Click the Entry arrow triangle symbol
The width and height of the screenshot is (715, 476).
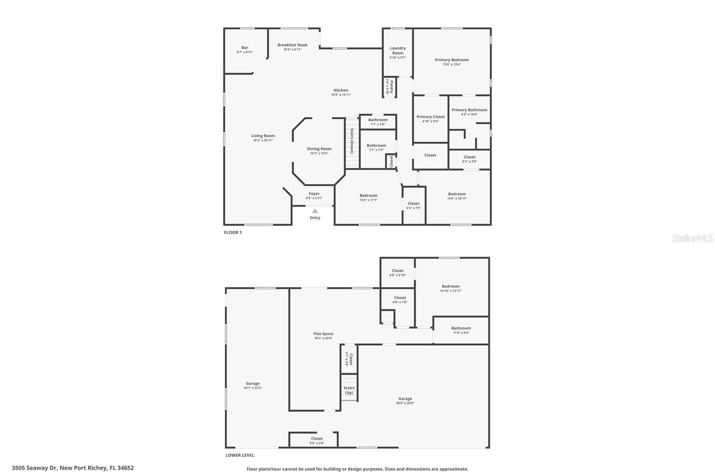[315, 211]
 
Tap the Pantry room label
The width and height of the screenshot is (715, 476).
[391, 86]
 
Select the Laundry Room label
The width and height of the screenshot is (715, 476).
[398, 50]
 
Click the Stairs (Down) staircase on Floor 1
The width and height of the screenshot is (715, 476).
[352, 143]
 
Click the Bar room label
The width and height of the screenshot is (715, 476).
[245, 47]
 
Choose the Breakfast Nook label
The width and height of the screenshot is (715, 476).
[292, 45]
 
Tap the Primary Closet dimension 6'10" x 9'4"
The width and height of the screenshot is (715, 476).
[430, 121]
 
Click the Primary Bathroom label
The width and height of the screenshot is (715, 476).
[469, 110]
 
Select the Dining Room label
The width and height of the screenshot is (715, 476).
[319, 149]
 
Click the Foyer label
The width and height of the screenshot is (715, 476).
[314, 193]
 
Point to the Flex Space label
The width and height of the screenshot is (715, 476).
[323, 334]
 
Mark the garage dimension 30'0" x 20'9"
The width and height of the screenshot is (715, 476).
[405, 403]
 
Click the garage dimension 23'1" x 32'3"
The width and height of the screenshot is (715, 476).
[252, 388]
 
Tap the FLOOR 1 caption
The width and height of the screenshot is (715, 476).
[232, 232]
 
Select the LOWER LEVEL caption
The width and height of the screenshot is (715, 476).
[240, 455]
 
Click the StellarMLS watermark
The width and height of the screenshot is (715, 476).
[693, 238]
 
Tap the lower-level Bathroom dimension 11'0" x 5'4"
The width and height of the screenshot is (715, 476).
[461, 333]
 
